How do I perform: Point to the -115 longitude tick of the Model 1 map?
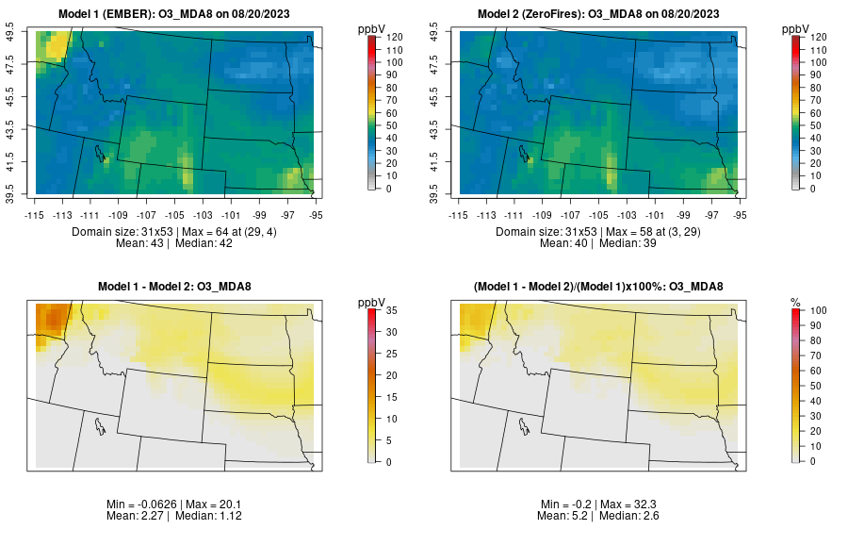[x=36, y=214]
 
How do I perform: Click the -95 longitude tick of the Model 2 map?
[x=741, y=214]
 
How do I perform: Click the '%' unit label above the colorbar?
[x=795, y=302]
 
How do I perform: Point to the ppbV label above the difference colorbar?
[x=372, y=302]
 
